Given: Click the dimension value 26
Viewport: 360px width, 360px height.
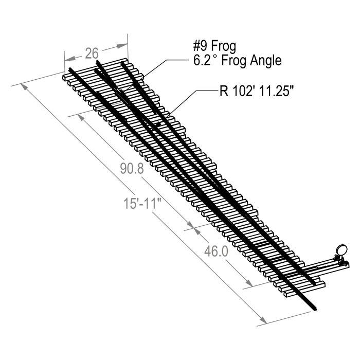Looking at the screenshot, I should click(92, 53).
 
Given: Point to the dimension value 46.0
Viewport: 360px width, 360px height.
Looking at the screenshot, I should click(215, 251).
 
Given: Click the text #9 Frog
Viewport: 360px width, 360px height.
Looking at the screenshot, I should click(211, 47).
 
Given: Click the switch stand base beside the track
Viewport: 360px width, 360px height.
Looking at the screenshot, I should click(324, 265).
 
